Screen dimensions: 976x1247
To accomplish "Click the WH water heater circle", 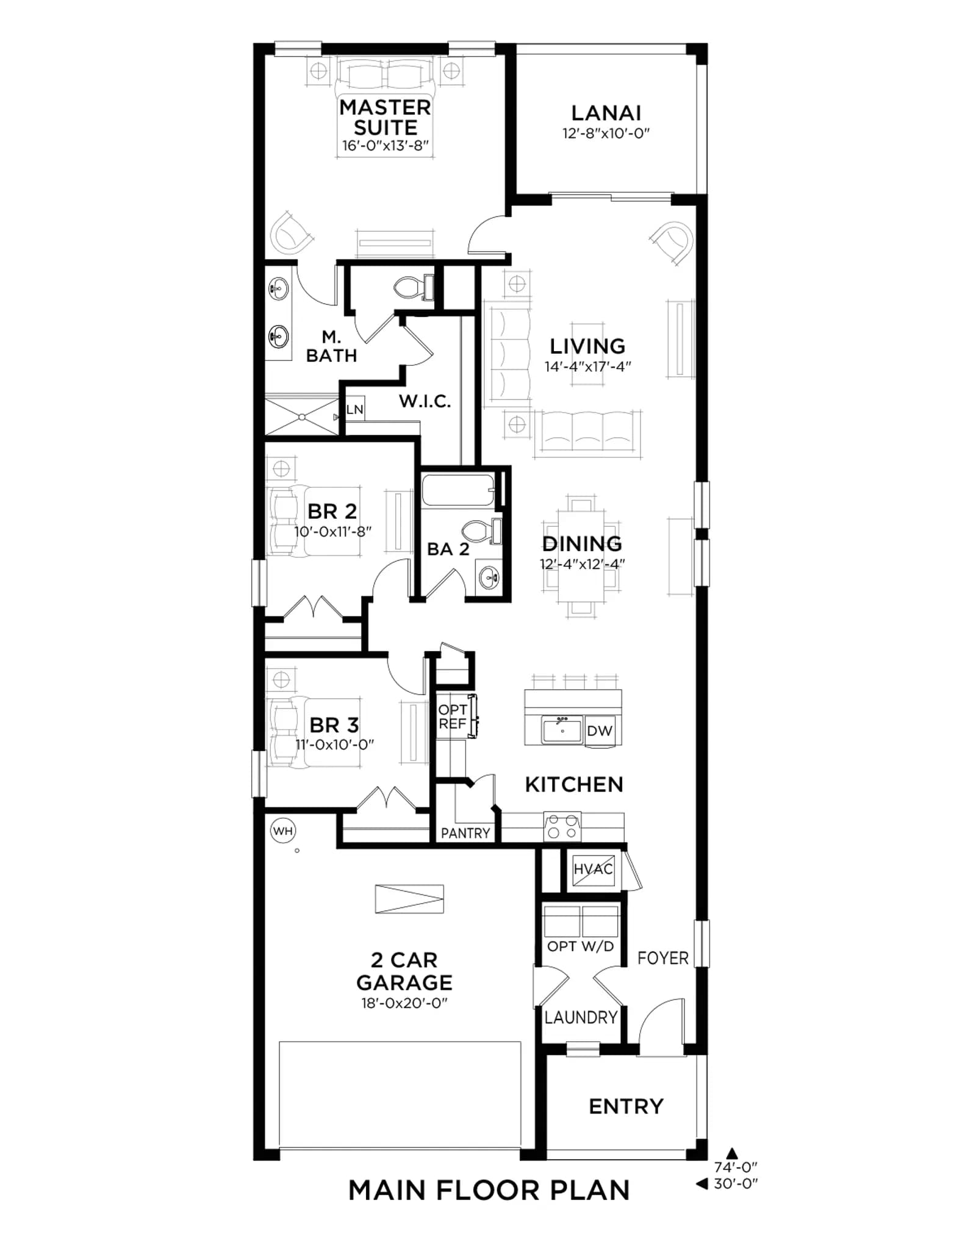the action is (x=282, y=831).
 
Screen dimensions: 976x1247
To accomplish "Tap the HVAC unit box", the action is (x=593, y=869).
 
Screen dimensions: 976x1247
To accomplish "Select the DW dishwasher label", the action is (x=600, y=731).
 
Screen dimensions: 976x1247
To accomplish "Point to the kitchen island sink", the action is (x=562, y=729).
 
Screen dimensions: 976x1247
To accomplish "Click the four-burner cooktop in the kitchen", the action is (x=562, y=827).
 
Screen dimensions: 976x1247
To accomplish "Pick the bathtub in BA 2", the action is (x=458, y=490).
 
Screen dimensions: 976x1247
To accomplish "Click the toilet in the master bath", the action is (x=414, y=287).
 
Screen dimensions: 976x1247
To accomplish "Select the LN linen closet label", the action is (x=354, y=409).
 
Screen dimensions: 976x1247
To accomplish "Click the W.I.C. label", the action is (x=425, y=401).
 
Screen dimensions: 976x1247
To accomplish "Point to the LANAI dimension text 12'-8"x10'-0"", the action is (x=606, y=134).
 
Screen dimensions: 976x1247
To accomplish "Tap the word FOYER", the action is (x=662, y=958).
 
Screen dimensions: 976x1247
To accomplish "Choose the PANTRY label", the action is (x=465, y=833).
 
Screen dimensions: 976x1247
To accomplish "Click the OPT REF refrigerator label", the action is (x=453, y=716).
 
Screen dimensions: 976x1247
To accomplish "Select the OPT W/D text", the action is (x=580, y=946).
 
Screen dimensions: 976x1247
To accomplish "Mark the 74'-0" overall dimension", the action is (x=736, y=1167).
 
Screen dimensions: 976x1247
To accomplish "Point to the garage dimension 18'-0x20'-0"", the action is (x=404, y=1003).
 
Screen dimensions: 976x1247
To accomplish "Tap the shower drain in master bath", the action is (x=302, y=417).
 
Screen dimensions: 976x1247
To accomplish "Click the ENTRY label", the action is (x=626, y=1106).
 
